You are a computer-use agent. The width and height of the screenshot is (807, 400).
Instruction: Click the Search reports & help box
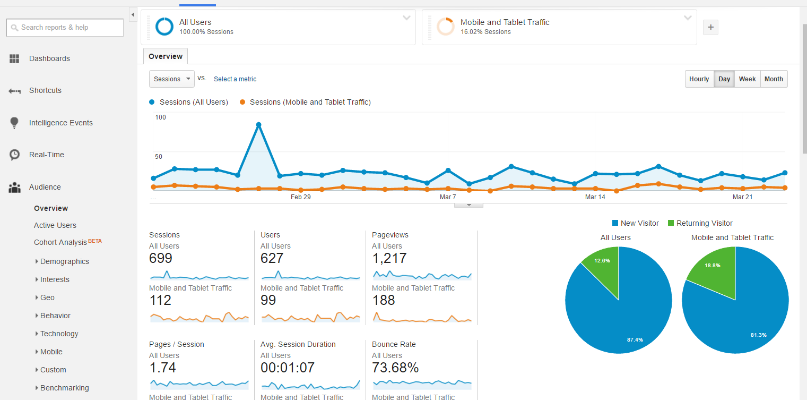tap(65, 28)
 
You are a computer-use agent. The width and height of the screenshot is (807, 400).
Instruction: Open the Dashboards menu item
tap(49, 58)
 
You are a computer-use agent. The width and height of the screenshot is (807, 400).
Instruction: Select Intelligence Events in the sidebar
tap(60, 123)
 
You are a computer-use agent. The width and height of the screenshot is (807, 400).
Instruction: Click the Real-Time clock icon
tap(14, 155)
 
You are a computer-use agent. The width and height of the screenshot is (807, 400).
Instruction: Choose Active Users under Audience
tap(55, 225)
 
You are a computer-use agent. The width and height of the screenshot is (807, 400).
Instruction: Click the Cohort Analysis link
tap(60, 242)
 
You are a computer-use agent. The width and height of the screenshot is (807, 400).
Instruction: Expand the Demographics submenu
tap(64, 261)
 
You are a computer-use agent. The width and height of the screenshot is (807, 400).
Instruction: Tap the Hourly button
tap(699, 79)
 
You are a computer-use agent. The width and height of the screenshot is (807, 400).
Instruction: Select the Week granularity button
tap(747, 79)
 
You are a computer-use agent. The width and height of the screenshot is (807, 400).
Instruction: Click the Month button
tap(774, 79)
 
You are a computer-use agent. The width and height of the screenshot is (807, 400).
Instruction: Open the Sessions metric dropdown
tap(172, 79)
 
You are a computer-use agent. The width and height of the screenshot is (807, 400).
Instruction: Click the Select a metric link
tap(235, 79)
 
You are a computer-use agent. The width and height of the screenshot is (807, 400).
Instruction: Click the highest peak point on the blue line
tap(258, 125)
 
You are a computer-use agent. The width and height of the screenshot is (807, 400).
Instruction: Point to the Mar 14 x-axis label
tap(595, 197)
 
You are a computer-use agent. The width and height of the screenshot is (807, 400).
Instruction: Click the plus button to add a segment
tap(710, 27)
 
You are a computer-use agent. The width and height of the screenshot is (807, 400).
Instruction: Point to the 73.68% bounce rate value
tap(395, 368)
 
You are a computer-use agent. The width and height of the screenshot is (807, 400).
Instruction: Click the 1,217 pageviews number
tap(389, 258)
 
